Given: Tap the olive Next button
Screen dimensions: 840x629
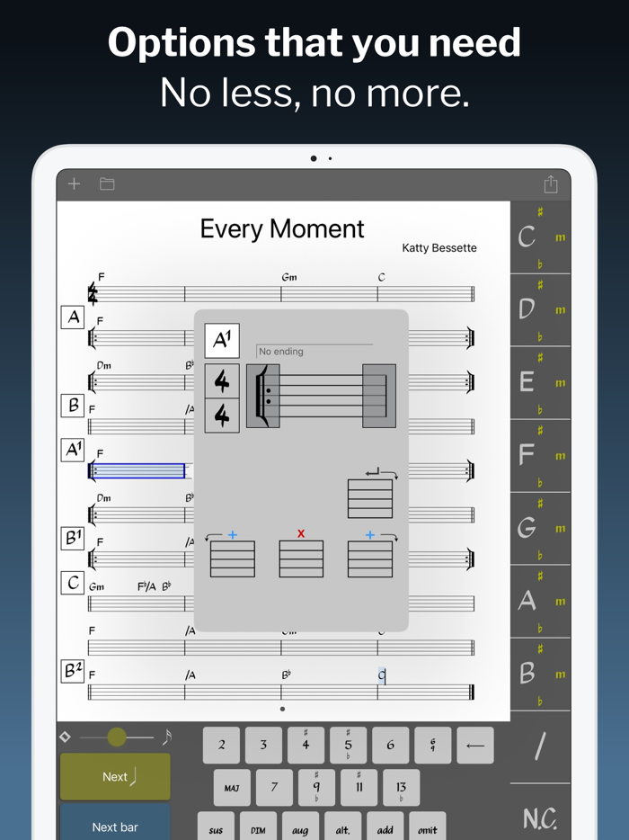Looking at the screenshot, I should (x=115, y=776).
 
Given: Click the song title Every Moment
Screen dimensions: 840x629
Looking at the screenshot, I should (x=282, y=228).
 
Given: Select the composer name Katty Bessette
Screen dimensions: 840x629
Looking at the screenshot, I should (x=439, y=248).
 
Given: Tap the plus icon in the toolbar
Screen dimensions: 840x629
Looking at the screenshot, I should (x=75, y=184).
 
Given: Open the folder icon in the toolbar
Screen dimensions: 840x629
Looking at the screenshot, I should (x=107, y=184).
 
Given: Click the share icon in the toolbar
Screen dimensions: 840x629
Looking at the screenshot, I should (x=551, y=184).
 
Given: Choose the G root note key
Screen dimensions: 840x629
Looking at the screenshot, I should (x=527, y=529).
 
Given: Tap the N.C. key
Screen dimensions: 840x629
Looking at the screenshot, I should (x=539, y=818).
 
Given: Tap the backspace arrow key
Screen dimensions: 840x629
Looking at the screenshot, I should (x=475, y=745).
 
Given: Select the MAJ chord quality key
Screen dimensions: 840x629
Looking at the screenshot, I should (x=232, y=788).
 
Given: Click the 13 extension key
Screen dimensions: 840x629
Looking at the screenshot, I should (x=401, y=788).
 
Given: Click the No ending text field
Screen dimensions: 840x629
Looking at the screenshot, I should (x=314, y=352).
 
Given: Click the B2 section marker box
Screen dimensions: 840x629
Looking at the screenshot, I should (x=73, y=670).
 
